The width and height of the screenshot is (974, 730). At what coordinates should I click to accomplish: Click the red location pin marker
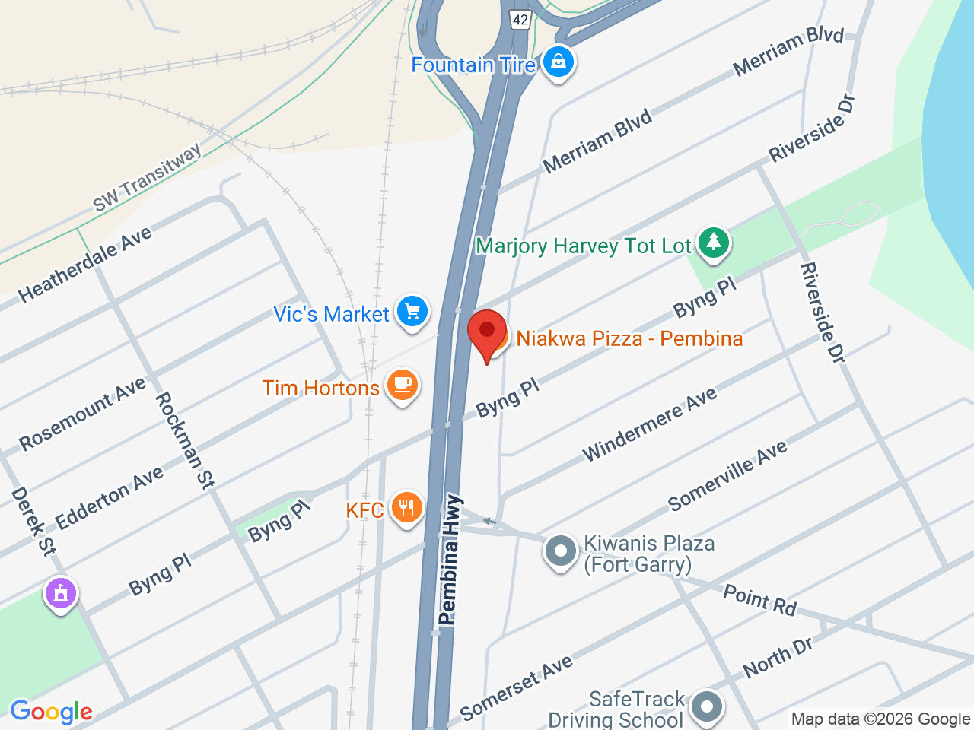(x=487, y=332)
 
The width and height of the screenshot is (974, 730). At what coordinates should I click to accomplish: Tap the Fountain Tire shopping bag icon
(x=559, y=62)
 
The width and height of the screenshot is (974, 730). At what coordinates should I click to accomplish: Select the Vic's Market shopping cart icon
(x=412, y=311)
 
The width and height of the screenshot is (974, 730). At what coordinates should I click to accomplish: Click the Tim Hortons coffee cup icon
(x=403, y=385)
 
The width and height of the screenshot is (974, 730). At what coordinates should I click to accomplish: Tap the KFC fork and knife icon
(x=406, y=507)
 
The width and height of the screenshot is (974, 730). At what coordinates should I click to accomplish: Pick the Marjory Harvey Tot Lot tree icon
(x=713, y=243)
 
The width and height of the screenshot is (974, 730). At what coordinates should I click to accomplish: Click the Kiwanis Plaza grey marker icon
(x=561, y=551)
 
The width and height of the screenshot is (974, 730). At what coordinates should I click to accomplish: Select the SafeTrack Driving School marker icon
(x=707, y=705)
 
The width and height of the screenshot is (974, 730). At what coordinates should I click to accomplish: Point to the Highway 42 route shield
(x=520, y=20)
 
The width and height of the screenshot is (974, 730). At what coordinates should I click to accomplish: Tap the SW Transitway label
(x=148, y=177)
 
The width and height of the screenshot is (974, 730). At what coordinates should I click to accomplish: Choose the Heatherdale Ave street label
(x=85, y=264)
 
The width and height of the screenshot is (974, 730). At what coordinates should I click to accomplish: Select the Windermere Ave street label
(x=649, y=424)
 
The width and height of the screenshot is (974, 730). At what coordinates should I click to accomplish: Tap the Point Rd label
(x=759, y=599)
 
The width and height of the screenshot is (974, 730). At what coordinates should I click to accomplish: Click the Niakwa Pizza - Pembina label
(x=629, y=338)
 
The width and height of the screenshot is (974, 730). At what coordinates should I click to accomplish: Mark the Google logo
(x=51, y=712)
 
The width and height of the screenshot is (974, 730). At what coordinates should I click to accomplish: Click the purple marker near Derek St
(x=61, y=592)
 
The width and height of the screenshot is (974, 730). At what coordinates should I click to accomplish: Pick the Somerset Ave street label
(x=517, y=687)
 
